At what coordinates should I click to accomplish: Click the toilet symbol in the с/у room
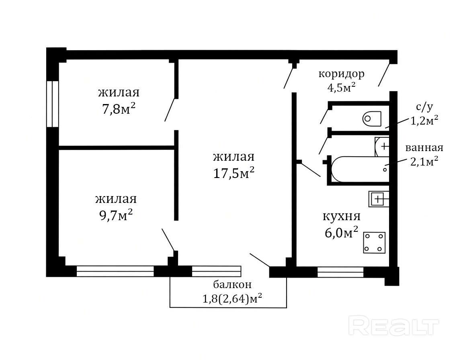click(x=372, y=119)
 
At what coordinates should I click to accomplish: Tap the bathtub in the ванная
click(x=360, y=169)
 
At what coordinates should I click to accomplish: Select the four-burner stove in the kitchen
click(x=374, y=243)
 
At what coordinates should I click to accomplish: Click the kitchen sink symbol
click(x=379, y=199)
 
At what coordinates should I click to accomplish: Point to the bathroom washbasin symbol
click(x=382, y=146)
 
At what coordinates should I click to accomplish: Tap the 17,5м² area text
click(x=234, y=173)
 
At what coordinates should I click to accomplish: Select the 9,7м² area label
click(x=116, y=215)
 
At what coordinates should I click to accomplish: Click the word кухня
click(x=341, y=216)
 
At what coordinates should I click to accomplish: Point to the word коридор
click(x=341, y=74)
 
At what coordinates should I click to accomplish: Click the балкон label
click(x=232, y=284)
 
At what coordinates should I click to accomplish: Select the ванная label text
click(x=424, y=147)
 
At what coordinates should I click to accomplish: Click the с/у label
click(x=424, y=107)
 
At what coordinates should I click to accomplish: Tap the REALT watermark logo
click(x=393, y=325)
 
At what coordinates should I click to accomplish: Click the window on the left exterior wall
click(x=53, y=104)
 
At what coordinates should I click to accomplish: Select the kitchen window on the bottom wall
click(x=340, y=272)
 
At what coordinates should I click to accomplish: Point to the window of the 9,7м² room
click(x=115, y=271)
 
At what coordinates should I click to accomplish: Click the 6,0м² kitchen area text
click(x=341, y=233)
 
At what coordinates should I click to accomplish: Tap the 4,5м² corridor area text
click(x=341, y=87)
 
